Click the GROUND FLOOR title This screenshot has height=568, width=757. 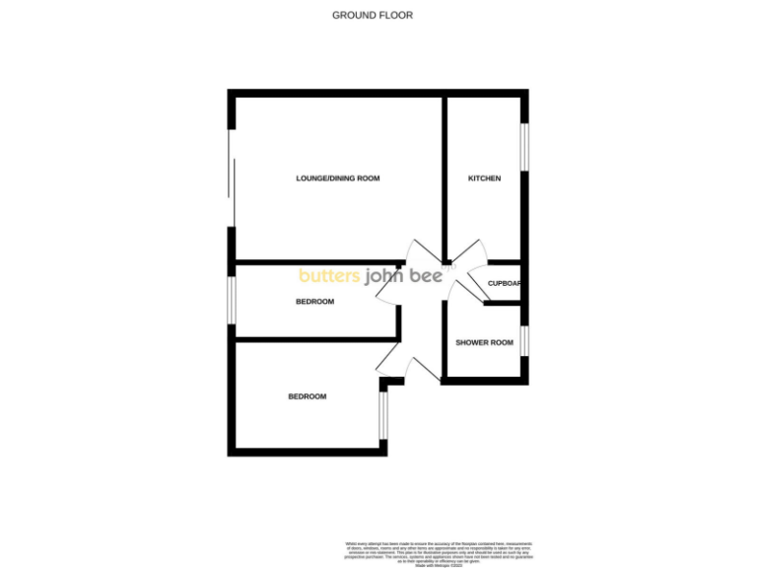373,15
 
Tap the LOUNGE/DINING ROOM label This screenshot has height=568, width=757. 337,178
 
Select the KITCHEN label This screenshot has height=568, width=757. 484,178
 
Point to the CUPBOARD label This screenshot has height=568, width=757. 504,284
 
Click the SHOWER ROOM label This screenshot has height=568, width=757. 484,342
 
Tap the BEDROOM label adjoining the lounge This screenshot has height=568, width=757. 314,302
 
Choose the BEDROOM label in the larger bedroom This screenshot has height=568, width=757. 307,396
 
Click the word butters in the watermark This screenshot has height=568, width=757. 330,276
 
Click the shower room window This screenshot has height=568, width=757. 524,339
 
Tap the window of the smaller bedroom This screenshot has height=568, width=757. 232,299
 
